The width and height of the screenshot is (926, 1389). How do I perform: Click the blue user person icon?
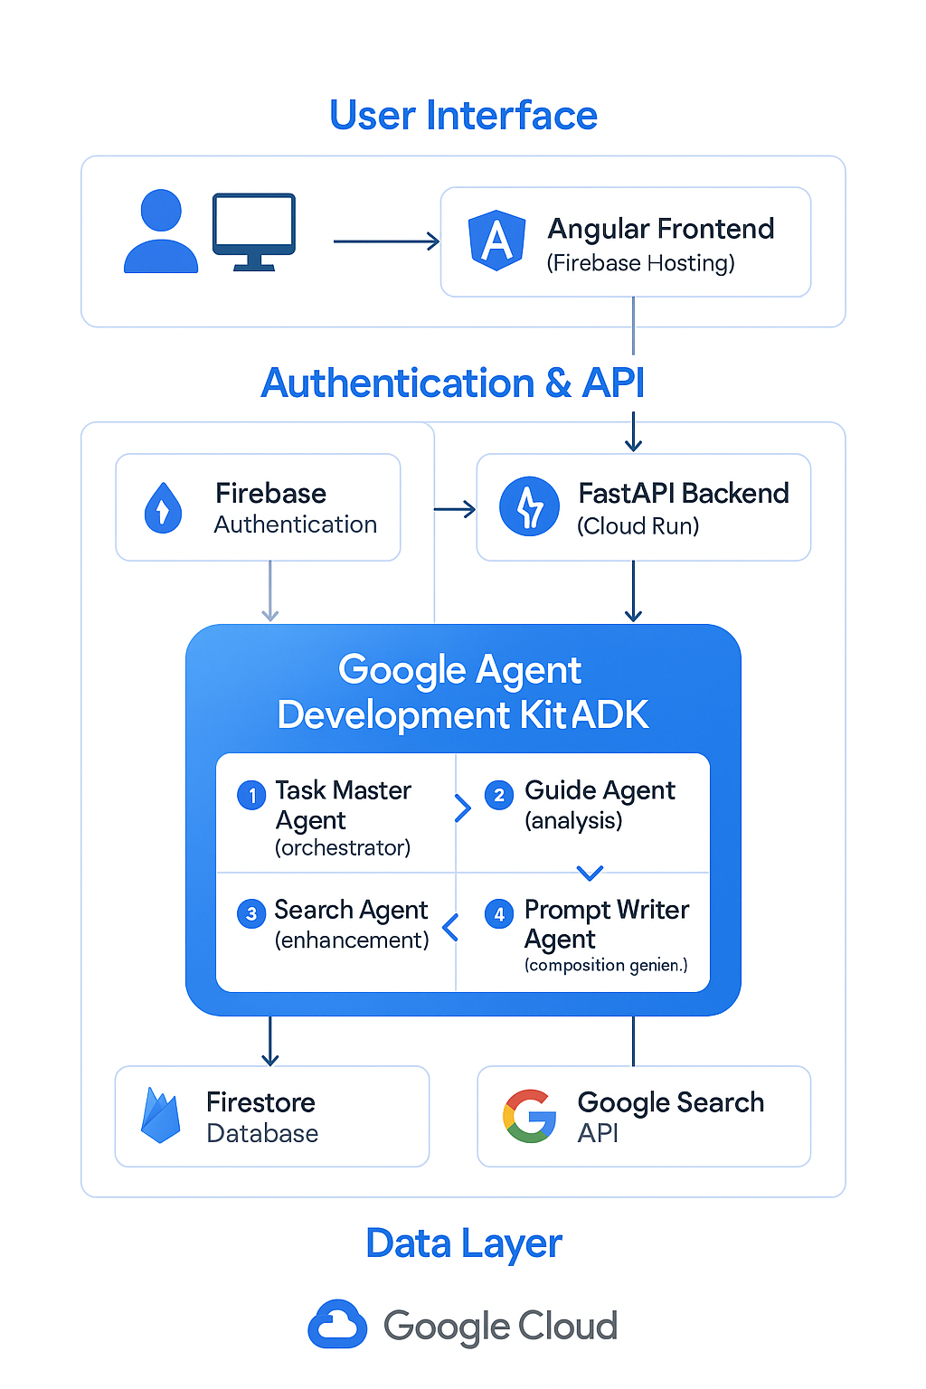tap(161, 231)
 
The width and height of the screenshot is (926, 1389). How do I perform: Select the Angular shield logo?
tap(496, 241)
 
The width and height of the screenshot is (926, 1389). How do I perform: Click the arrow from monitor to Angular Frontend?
tap(386, 241)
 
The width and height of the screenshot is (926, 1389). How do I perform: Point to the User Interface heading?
tap(463, 116)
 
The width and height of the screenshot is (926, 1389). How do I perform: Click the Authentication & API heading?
tap(452, 383)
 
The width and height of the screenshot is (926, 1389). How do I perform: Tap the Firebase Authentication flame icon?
tap(163, 508)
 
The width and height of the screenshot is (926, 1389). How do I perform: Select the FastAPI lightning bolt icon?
tap(530, 507)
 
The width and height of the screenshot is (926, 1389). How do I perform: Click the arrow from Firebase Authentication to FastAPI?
tap(455, 509)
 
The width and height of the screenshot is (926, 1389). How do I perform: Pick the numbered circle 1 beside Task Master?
tap(251, 795)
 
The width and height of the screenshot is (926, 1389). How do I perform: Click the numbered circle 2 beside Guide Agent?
tap(498, 795)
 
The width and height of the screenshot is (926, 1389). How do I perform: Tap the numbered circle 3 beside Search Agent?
tap(251, 913)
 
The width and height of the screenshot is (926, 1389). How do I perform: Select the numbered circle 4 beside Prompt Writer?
tap(498, 913)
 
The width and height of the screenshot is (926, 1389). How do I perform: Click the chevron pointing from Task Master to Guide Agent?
tap(463, 808)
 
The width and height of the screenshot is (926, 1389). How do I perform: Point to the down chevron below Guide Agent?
tap(590, 873)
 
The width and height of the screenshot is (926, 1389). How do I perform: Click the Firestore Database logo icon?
tap(161, 1116)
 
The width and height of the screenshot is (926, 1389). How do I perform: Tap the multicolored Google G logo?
tap(530, 1116)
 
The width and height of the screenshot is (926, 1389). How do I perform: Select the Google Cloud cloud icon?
tap(337, 1325)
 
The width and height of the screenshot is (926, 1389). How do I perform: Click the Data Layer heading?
tap(464, 1243)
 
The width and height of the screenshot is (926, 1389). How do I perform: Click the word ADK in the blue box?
tap(610, 715)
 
